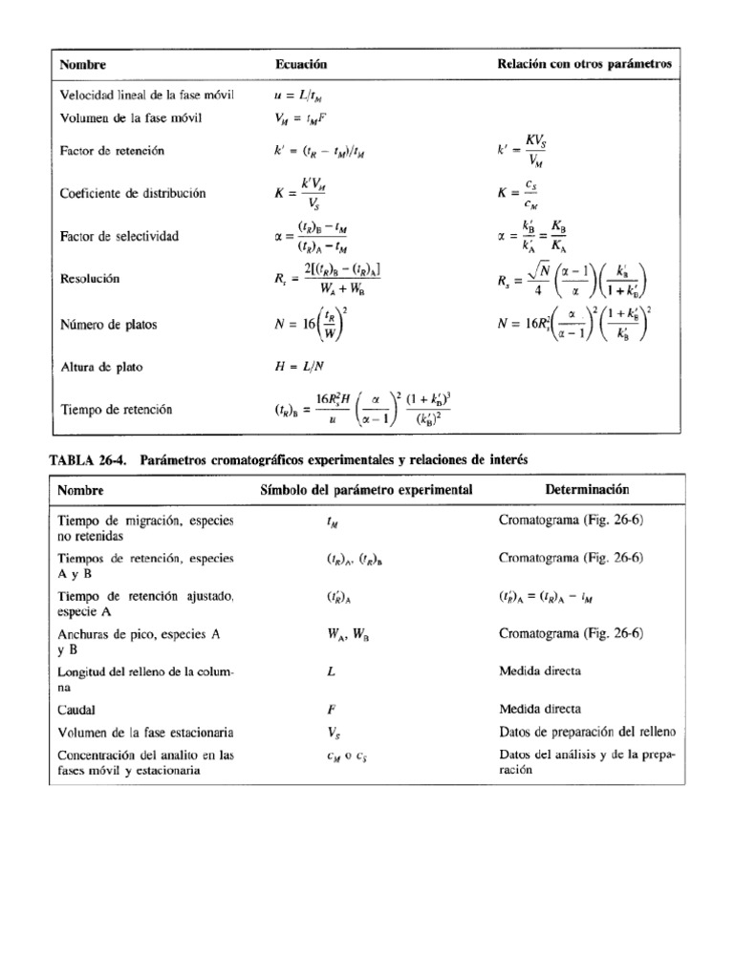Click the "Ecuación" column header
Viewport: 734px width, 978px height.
coord(301,64)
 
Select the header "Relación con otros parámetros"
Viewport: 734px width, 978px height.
coord(585,64)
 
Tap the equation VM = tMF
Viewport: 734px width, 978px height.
coord(297,119)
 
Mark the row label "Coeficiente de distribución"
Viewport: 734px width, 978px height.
coord(133,193)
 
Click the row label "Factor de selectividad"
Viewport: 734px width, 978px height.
coord(119,235)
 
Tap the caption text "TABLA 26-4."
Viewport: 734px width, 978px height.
coord(91,459)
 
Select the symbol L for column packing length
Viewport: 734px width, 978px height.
coord(329,671)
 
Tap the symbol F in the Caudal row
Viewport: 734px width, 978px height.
coord(329,710)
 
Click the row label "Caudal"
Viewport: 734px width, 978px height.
coord(78,710)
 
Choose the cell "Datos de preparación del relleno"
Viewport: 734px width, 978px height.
coord(587,733)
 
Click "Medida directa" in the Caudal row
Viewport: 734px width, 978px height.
coord(539,710)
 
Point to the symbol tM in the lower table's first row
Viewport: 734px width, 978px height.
coord(329,521)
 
